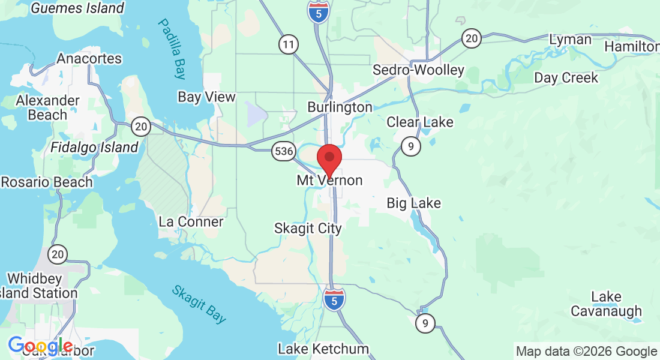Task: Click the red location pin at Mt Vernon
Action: [329, 159]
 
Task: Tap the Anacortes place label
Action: [89, 59]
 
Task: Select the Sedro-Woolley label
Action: [418, 70]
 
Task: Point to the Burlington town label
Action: [340, 107]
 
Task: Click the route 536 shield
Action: [283, 151]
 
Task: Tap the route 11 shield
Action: [289, 44]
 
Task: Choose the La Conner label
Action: [191, 222]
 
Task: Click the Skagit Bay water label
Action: [199, 304]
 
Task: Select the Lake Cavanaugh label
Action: [606, 304]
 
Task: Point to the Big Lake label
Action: [413, 203]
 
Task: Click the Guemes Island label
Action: [77, 8]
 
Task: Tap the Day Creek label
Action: [566, 78]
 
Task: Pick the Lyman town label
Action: [571, 40]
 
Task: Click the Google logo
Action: [40, 346]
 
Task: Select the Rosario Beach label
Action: [47, 182]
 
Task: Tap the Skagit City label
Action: [308, 229]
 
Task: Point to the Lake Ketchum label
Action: [323, 349]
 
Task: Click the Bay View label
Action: [206, 97]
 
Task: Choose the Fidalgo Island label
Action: [94, 147]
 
